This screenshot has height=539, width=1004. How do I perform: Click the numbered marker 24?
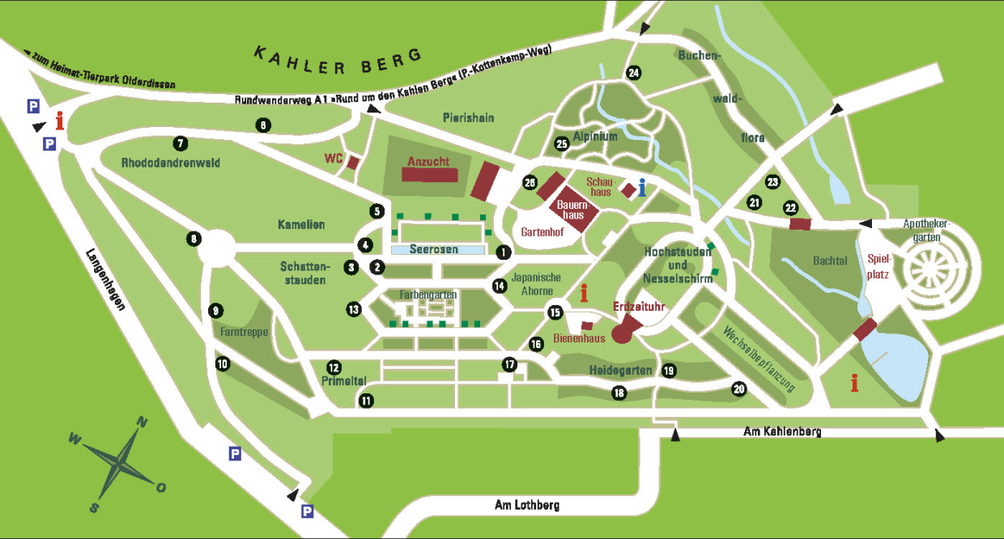tap(633, 74)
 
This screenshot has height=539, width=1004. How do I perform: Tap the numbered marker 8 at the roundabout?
tap(194, 239)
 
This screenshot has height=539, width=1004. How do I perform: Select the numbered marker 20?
tap(738, 388)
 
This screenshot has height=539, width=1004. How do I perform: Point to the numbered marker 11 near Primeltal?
tap(367, 401)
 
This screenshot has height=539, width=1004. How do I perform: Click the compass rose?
tap(121, 463)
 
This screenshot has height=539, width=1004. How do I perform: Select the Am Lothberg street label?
tap(526, 505)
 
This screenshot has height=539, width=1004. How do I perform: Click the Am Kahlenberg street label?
tap(781, 432)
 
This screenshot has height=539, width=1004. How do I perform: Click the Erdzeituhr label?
tap(640, 308)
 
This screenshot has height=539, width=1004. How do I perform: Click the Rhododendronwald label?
tap(170, 163)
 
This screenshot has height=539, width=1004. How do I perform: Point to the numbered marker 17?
tap(508, 365)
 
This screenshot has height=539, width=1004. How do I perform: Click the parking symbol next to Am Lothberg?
tap(308, 511)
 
